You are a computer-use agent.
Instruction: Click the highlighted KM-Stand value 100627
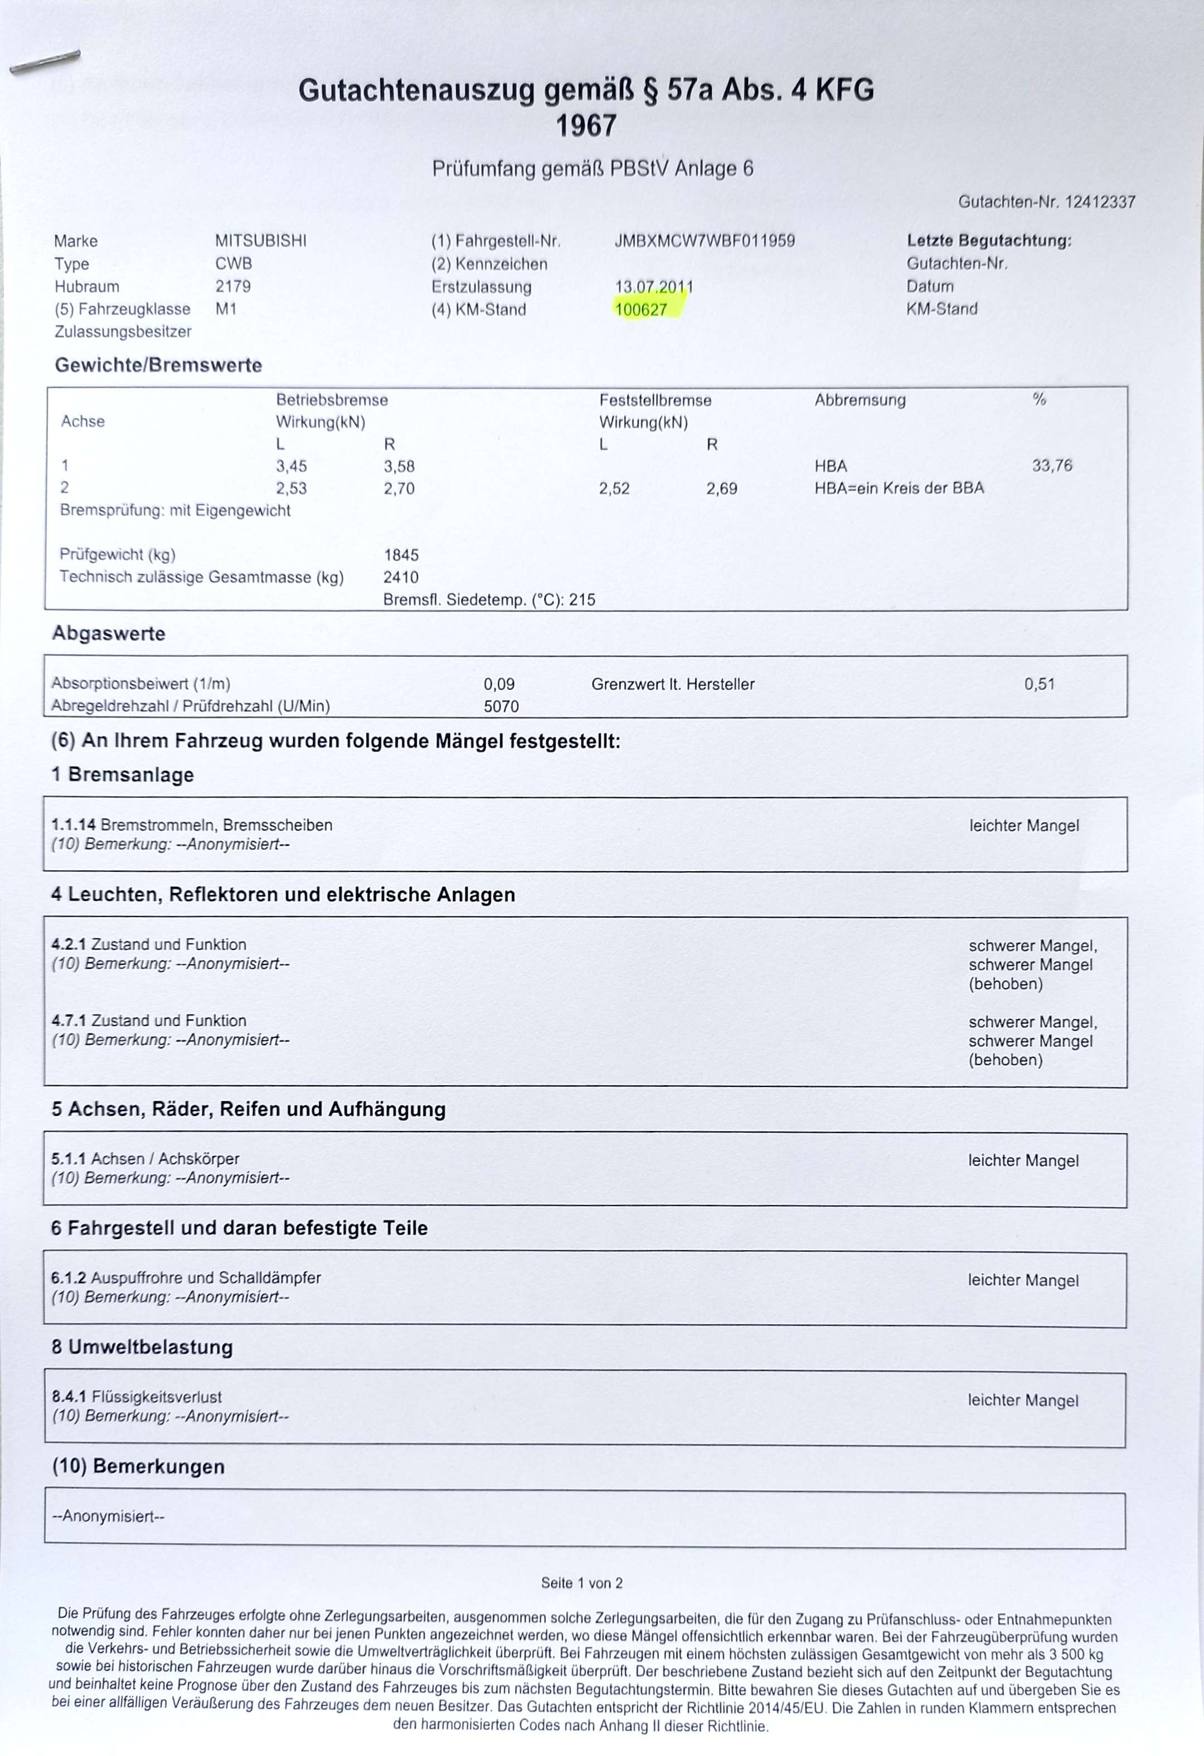tap(641, 309)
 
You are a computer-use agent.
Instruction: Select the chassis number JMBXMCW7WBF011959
tap(705, 241)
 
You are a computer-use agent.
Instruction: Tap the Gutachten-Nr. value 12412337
tap(1100, 202)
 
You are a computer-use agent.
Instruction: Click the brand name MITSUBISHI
tap(261, 241)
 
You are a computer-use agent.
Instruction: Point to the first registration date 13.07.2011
tap(654, 287)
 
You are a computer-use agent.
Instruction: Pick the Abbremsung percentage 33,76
tap(1052, 465)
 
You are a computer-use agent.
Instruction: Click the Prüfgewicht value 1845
tap(401, 555)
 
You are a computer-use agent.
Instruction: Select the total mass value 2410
tap(401, 577)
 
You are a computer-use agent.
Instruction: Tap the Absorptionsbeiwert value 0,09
tap(499, 684)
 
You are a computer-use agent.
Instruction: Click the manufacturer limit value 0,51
tap(1039, 684)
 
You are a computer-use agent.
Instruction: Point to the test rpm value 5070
tap(501, 706)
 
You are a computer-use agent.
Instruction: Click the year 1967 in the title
tap(586, 125)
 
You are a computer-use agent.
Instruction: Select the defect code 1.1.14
tap(74, 825)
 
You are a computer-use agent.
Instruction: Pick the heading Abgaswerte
tap(109, 633)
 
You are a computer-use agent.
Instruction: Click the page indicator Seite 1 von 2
tap(582, 1583)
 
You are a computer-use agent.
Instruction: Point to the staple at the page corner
tap(45, 61)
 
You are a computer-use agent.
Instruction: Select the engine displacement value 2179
tap(233, 286)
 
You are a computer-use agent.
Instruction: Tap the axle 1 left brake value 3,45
tap(291, 466)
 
